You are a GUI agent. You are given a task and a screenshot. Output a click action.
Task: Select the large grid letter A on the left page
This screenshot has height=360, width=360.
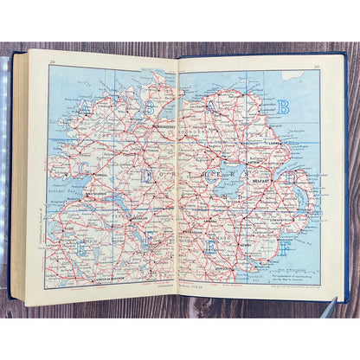tap(85, 108)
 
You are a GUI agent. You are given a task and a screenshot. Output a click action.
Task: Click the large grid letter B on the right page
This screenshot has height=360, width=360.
tap(282, 107)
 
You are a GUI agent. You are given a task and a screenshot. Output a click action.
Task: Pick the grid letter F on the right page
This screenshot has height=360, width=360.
tap(283, 245)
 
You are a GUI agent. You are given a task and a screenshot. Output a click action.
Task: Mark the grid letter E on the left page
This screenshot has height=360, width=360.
tap(83, 245)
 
